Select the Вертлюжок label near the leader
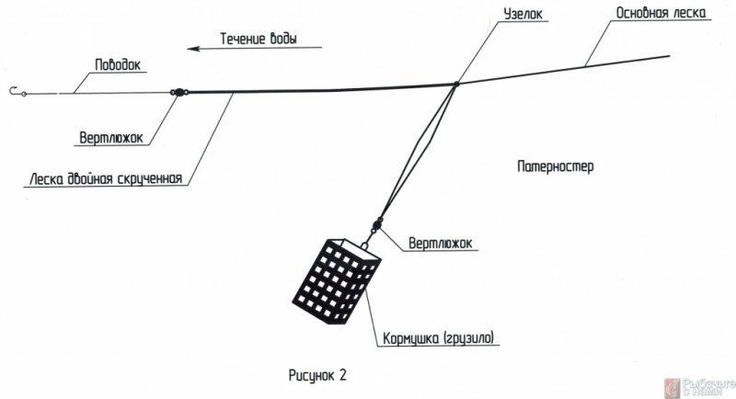[x=112, y=140]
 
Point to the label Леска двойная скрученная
[x=107, y=178]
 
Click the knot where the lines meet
[x=455, y=85]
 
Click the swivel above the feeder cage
[x=375, y=224]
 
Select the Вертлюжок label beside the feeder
[x=437, y=244]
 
